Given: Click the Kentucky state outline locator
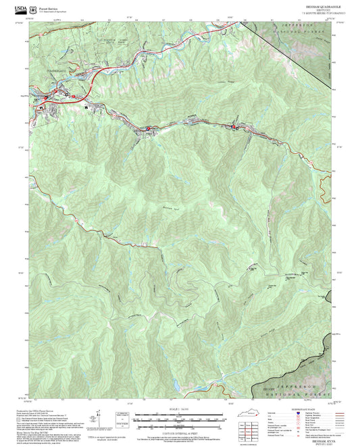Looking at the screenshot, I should point(247,413).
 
